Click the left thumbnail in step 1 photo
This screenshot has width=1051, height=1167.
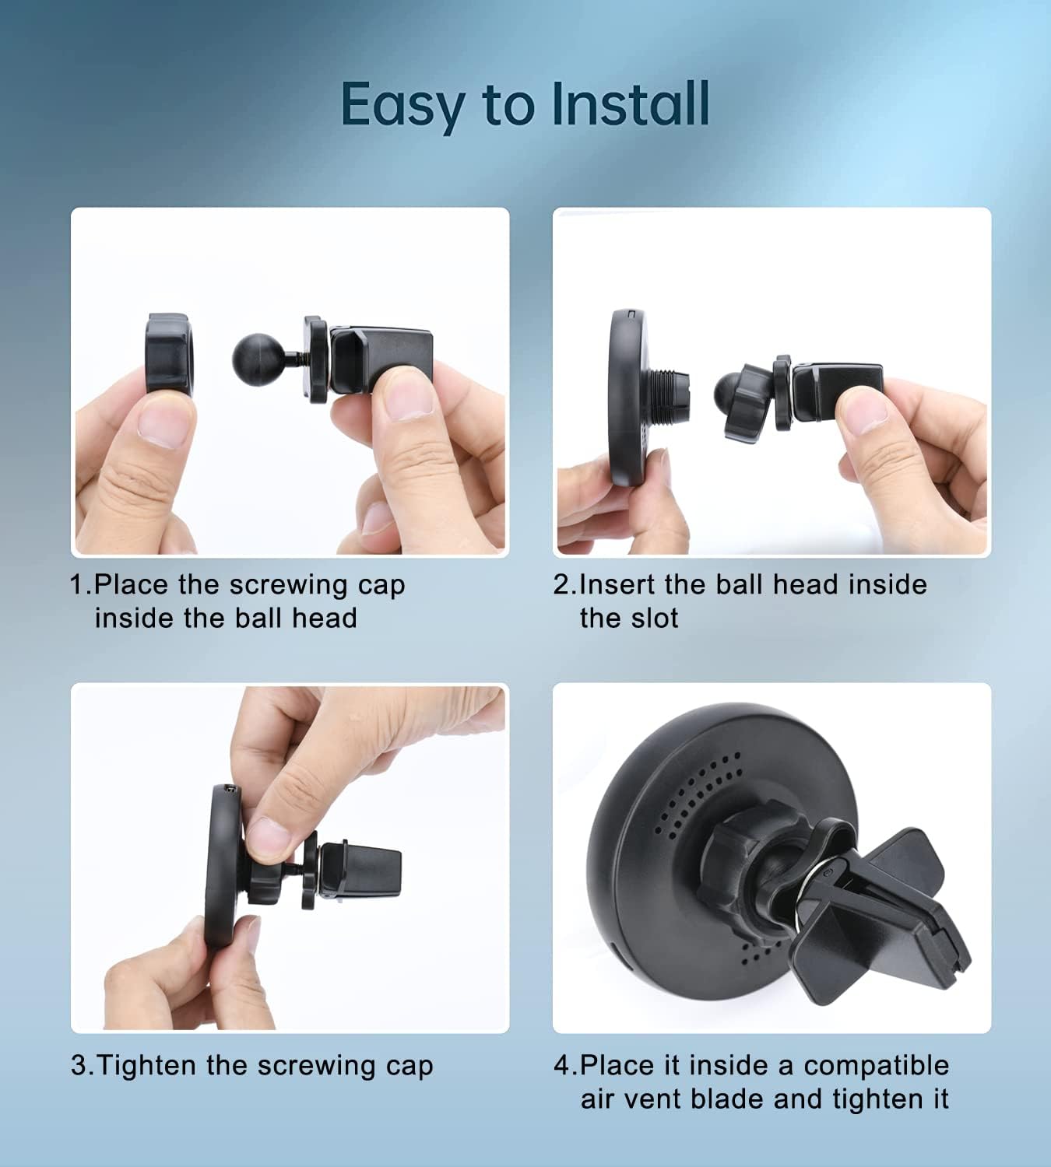tap(166, 424)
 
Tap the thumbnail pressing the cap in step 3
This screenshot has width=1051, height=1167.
tap(268, 836)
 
